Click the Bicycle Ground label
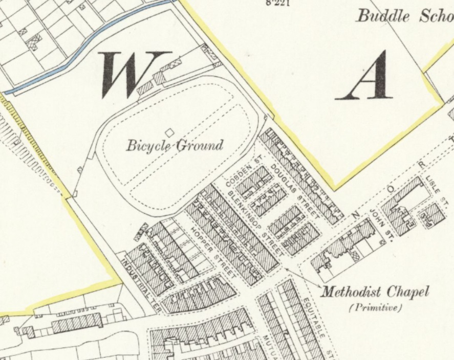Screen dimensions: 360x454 (x=175, y=146)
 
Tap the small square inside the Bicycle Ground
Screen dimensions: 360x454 (x=169, y=133)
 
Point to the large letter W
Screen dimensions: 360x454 (x=135, y=74)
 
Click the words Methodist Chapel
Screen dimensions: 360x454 (x=374, y=292)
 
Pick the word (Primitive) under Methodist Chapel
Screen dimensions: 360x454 (x=376, y=308)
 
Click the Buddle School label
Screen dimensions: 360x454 (x=404, y=16)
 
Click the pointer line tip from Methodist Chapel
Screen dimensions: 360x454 (x=285, y=266)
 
